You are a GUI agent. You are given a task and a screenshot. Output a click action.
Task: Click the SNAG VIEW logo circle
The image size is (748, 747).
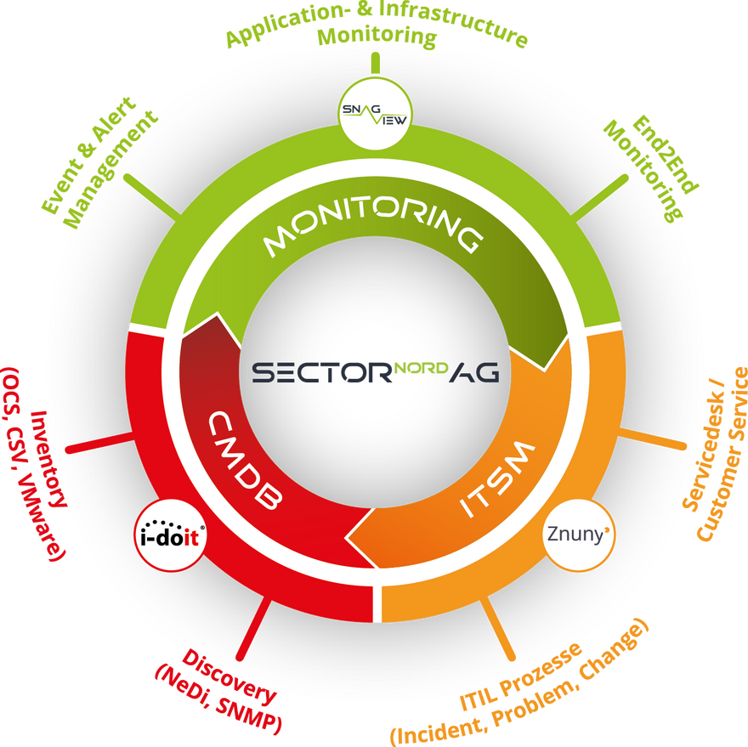(x=375, y=114)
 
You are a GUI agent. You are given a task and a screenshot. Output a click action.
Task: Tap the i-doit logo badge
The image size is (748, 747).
(x=170, y=535)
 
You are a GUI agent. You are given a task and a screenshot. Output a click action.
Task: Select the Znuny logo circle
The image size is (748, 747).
(x=579, y=535)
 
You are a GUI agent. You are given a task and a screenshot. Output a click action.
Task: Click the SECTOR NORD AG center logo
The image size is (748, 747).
(x=376, y=372)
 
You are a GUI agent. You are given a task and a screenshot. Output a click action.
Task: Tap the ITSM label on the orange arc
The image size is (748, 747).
(x=497, y=478)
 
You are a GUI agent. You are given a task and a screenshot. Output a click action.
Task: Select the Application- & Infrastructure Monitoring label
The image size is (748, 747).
(x=377, y=26)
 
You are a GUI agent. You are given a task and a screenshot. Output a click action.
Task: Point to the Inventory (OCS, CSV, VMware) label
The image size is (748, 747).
(x=34, y=462)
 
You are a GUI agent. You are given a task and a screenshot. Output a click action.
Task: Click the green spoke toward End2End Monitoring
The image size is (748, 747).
(x=599, y=198)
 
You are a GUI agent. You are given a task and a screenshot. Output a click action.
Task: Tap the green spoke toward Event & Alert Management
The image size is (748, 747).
(x=152, y=197)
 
